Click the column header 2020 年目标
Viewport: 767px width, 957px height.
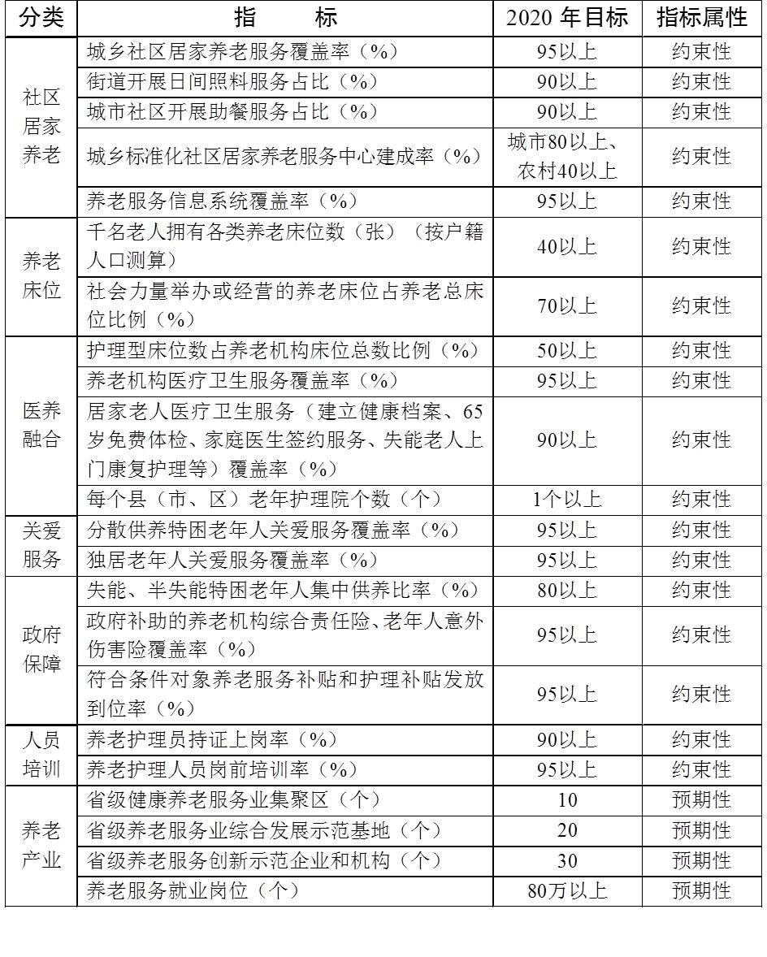tap(566, 19)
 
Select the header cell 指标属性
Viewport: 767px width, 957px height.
tap(701, 19)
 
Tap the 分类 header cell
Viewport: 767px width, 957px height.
tap(41, 19)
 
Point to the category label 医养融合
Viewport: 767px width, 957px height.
tap(41, 425)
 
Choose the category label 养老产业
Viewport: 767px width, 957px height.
tap(41, 845)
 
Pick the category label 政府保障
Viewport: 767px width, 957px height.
tap(41, 649)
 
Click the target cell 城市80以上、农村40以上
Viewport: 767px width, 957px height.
tap(566, 156)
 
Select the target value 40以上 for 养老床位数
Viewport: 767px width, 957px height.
tap(566, 246)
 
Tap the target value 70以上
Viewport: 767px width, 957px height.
tap(566, 305)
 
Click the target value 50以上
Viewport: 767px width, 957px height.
tap(566, 351)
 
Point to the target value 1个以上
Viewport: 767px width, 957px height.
tap(566, 500)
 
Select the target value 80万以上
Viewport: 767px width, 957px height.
tap(566, 890)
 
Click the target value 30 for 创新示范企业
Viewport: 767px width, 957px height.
tap(566, 860)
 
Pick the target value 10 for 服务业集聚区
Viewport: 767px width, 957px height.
tap(566, 800)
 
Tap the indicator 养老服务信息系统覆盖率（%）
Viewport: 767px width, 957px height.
tap(222, 201)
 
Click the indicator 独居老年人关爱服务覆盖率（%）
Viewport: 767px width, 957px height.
tap(222, 560)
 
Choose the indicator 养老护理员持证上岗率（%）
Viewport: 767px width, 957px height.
tap(211, 740)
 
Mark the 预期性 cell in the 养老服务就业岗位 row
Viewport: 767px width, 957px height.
tap(701, 890)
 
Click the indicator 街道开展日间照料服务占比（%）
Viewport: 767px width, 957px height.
tap(222, 81)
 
